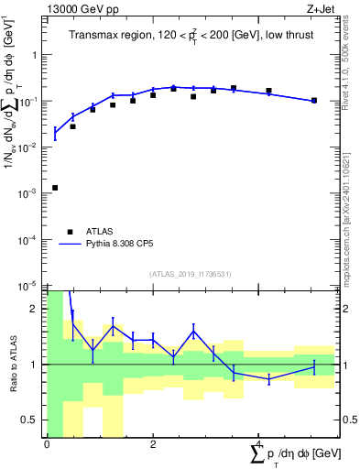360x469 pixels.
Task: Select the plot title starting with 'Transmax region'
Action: pos(190,35)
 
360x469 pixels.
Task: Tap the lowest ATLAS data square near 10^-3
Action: pos(55,188)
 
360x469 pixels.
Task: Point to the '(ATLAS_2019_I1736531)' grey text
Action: pos(190,274)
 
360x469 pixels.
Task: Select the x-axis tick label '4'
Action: pos(258,443)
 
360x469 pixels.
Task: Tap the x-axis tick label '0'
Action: pos(46,443)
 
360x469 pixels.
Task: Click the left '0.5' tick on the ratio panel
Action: pos(32,420)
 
